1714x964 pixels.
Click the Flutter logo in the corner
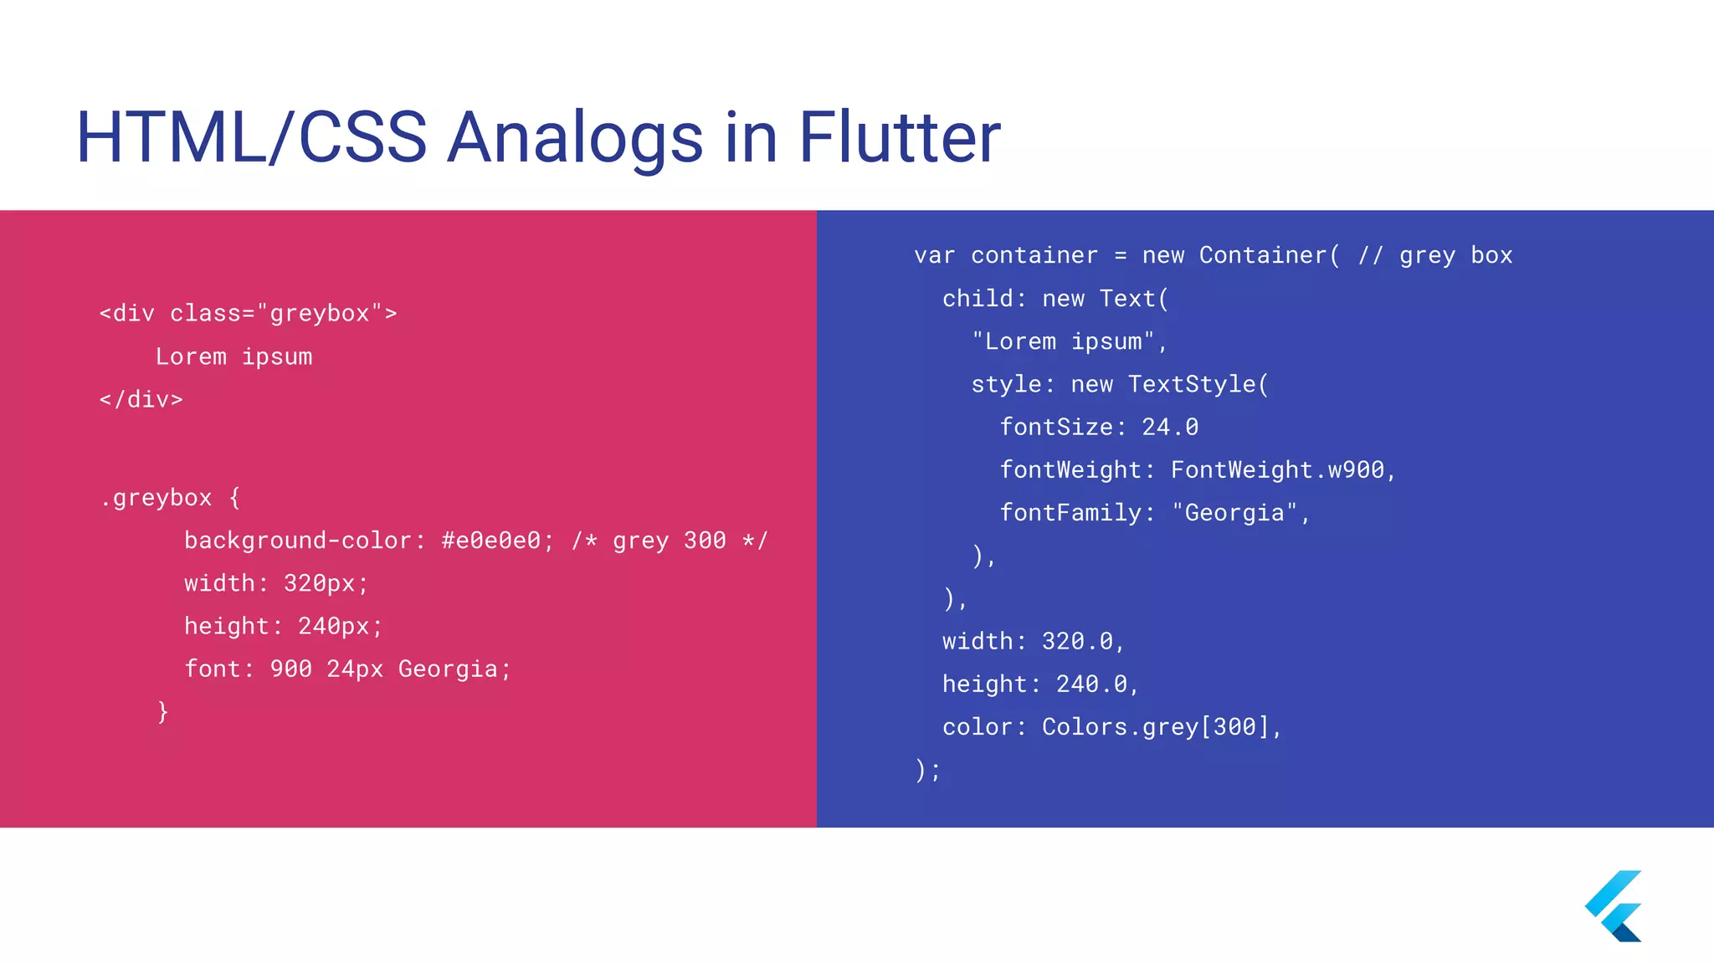(1614, 905)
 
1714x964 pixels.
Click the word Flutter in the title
(899, 137)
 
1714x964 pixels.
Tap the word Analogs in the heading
(575, 137)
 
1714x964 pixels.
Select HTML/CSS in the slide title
(251, 137)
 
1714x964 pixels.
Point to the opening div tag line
(248, 314)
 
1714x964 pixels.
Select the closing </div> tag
(141, 400)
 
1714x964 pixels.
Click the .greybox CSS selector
(156, 498)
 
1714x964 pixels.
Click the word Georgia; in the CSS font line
(454, 669)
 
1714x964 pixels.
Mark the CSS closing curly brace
(163, 712)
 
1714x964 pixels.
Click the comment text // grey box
(1434, 255)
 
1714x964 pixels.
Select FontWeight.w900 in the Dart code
(1277, 470)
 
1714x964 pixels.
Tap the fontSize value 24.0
(1170, 428)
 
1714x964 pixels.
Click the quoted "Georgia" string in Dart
(1234, 513)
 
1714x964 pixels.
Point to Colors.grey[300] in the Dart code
(1156, 727)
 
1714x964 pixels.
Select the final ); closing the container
(928, 770)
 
